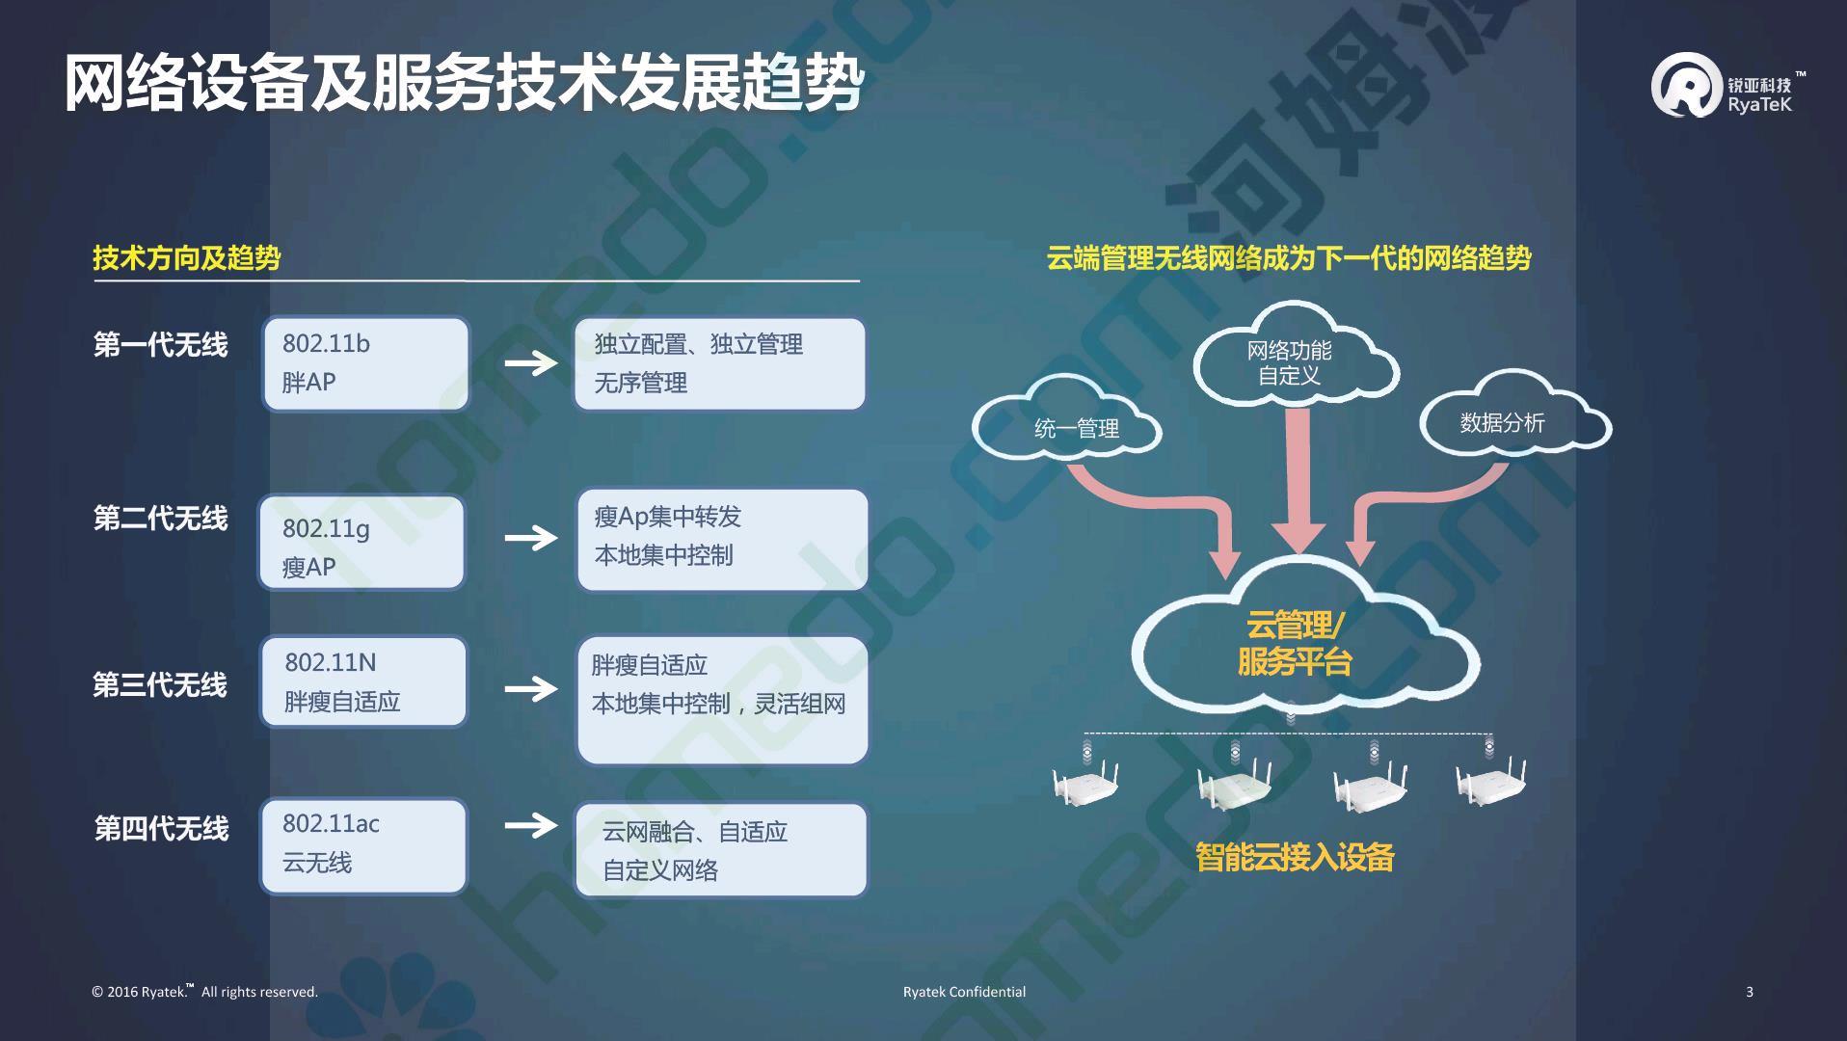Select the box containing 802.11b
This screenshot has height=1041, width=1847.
[366, 363]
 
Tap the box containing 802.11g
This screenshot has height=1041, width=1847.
[361, 542]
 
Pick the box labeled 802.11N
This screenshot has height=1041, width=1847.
[363, 681]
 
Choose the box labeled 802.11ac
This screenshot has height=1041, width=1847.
[363, 846]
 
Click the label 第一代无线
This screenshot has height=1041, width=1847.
[160, 344]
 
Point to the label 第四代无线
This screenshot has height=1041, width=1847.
[161, 828]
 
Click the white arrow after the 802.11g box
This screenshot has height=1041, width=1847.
[531, 537]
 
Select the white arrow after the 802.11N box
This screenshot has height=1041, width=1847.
[531, 687]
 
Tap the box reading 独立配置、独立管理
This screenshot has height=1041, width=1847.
[720, 363]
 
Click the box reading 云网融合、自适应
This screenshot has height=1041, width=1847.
[721, 850]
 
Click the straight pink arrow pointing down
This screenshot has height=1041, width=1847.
[1298, 482]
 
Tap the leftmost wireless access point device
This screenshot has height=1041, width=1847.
[1086, 782]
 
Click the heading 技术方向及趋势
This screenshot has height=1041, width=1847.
[187, 257]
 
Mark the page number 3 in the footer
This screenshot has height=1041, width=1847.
[1750, 992]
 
